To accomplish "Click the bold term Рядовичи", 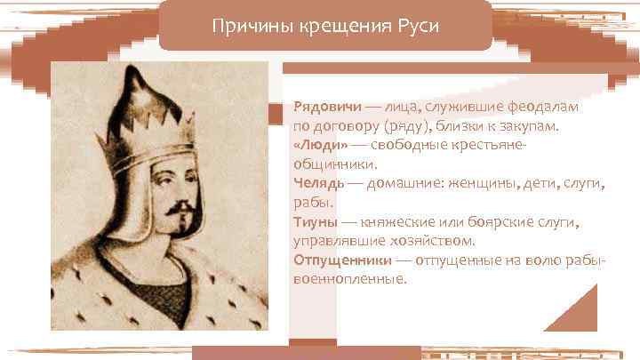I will [x=324, y=106].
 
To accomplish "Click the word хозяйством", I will [x=437, y=240].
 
